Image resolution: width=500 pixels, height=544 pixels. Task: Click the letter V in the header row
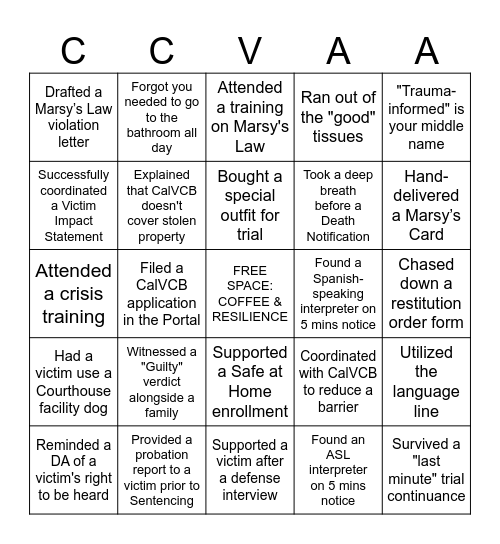(250, 49)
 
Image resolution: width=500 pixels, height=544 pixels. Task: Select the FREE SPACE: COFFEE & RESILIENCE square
(250, 294)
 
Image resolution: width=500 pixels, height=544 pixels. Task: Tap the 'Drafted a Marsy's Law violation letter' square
(73, 117)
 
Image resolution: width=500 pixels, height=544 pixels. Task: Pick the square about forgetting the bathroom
(162, 117)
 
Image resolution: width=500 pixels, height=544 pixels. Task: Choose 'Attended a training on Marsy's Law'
(250, 117)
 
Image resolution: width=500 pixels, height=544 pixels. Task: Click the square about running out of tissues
(338, 117)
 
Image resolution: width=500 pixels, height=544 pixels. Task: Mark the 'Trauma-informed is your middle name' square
(426, 117)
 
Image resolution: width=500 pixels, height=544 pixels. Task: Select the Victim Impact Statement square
(73, 206)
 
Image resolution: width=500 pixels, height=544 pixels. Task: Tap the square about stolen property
(162, 206)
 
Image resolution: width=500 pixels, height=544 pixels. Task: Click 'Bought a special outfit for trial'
(250, 206)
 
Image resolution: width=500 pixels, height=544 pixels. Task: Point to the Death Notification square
(338, 206)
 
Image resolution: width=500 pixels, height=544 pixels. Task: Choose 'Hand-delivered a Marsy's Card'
(426, 206)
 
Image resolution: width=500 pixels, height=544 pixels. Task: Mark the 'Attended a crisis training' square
(73, 294)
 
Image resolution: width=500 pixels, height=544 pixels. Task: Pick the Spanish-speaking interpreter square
(338, 294)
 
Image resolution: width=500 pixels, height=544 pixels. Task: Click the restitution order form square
(426, 294)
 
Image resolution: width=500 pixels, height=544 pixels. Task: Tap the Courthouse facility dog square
(73, 382)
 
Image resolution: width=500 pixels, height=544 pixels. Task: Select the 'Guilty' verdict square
(162, 382)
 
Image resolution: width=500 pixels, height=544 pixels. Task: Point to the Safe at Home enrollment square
(250, 382)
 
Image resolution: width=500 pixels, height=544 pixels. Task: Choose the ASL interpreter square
(338, 470)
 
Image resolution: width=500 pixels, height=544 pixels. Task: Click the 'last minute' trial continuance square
(426, 470)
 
